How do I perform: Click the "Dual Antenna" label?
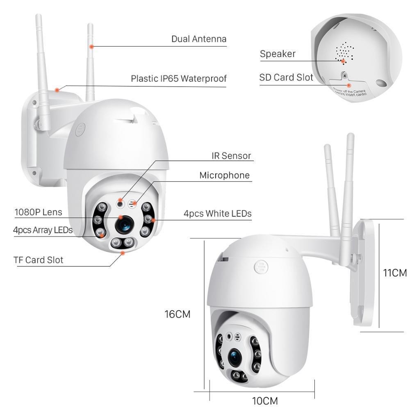pos(199,39)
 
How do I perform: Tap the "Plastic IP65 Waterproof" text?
pos(178,78)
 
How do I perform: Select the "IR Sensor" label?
pos(231,156)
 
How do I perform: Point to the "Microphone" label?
pos(224,175)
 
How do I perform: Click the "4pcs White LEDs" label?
pos(217,214)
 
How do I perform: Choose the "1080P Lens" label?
pos(38,212)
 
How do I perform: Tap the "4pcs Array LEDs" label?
pos(43,230)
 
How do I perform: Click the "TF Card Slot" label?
pos(38,260)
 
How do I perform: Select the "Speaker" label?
pos(278,54)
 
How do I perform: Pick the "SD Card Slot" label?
pos(286,77)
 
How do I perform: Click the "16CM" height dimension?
pos(178,314)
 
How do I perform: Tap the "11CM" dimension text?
pos(395,273)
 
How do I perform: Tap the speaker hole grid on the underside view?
pos(344,52)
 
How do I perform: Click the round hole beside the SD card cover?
pos(381,83)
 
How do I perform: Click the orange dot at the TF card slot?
pos(122,253)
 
